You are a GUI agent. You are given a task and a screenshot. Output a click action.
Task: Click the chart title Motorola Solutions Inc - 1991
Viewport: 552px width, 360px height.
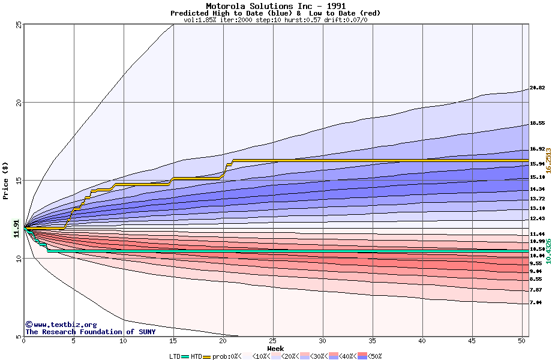coord(275,6)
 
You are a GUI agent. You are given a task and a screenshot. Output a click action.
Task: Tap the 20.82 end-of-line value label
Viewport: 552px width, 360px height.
coord(537,88)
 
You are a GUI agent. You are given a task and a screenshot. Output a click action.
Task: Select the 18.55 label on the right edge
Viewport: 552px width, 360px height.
coord(537,123)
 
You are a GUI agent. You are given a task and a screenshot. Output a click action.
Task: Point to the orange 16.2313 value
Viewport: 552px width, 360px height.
coord(548,160)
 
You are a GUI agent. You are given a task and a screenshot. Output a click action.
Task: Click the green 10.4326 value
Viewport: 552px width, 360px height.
coord(548,251)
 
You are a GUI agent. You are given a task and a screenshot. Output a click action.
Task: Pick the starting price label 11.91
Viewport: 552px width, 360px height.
coord(16,229)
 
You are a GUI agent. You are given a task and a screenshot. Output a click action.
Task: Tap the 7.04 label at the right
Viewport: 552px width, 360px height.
coord(536,302)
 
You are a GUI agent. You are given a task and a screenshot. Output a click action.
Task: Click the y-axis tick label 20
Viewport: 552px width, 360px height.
coord(19,103)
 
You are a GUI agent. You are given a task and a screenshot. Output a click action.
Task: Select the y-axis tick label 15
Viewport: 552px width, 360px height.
coord(19,181)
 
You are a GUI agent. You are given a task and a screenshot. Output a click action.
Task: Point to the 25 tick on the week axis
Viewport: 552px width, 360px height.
coord(273,341)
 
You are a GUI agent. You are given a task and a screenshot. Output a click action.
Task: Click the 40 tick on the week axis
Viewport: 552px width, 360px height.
coord(422,341)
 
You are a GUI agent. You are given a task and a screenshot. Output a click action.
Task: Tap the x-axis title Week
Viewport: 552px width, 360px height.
coord(275,349)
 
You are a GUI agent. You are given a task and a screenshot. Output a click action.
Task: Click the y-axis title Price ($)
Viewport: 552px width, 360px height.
coord(5,181)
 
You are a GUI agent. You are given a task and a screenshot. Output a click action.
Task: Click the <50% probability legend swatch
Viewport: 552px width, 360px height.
coord(362,356)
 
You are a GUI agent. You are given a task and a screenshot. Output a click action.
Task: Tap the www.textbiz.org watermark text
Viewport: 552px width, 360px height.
coord(61,325)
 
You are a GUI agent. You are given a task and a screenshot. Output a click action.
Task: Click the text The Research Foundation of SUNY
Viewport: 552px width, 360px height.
coord(91,332)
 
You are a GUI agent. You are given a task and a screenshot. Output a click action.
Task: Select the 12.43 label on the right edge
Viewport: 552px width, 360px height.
coord(537,218)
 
